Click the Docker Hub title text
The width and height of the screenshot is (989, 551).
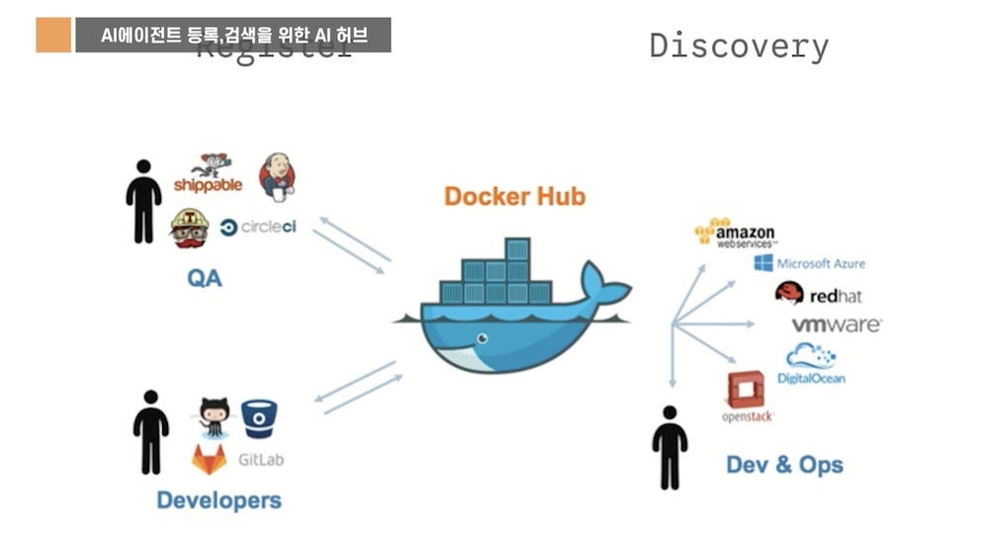point(514,196)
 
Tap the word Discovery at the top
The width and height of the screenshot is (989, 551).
point(739,46)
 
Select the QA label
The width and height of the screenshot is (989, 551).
point(205,278)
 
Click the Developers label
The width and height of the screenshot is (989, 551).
point(219,500)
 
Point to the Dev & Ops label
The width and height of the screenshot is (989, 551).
point(784,464)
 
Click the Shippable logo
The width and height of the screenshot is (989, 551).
point(208,174)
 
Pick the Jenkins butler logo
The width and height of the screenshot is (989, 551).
point(277,176)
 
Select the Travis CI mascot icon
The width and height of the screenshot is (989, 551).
point(189,228)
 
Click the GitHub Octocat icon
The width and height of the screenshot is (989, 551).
point(214,416)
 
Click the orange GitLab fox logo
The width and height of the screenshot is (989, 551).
point(209,458)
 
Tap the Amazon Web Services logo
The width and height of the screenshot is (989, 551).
point(736,233)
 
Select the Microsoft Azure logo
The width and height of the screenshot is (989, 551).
point(809,263)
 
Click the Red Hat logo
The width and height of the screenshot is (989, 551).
point(819,294)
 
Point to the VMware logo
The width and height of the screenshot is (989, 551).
point(836,324)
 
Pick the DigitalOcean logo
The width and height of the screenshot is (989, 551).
point(811,365)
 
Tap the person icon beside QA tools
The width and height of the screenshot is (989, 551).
point(143,201)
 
